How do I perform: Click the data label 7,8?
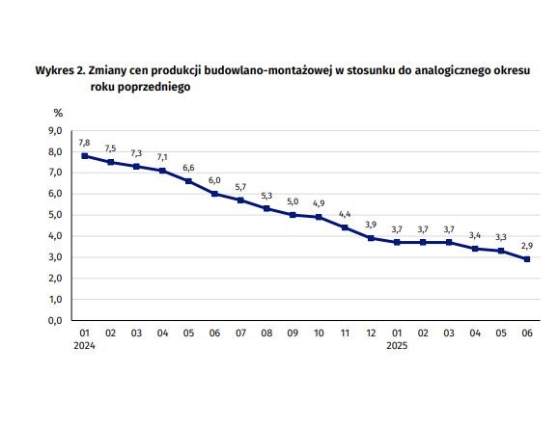coord(84,143)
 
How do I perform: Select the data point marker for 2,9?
coord(527,259)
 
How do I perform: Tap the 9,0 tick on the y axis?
coord(55,131)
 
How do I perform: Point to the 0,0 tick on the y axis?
coord(55,321)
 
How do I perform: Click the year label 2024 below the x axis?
coord(84,345)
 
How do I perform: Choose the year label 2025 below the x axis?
coord(397,345)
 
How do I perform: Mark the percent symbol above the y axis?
coord(58,113)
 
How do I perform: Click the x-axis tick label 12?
coord(371,334)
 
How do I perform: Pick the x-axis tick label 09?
coord(293,334)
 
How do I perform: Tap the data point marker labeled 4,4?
coord(345,227)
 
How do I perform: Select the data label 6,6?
coord(188,168)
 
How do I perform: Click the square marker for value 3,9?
coord(371,238)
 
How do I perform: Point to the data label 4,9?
coord(319,203)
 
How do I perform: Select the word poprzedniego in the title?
coord(154,87)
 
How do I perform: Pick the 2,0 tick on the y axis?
coord(55,279)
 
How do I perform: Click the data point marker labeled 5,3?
coord(266,208)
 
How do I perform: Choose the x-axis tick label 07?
coord(240,334)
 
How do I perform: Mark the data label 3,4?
coord(475,235)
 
